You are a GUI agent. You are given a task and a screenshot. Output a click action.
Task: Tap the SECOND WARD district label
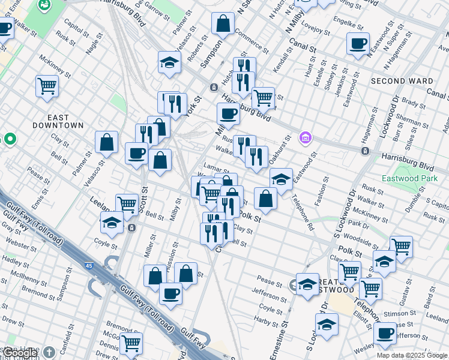(x=402, y=81)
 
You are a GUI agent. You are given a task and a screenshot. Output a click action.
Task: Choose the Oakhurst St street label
(x=280, y=147)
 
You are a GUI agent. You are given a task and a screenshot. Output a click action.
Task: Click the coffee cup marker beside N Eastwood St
(x=358, y=43)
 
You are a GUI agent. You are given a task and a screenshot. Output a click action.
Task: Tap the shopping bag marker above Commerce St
(x=223, y=24)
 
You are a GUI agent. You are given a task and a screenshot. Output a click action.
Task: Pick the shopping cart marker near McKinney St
(x=47, y=86)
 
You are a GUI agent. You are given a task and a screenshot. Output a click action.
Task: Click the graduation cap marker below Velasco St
(x=169, y=62)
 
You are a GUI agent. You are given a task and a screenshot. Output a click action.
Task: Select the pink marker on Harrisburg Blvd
(x=306, y=138)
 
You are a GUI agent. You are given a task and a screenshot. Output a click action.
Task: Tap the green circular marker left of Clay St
(x=10, y=139)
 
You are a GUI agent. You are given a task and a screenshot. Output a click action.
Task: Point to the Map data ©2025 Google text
(x=412, y=355)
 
